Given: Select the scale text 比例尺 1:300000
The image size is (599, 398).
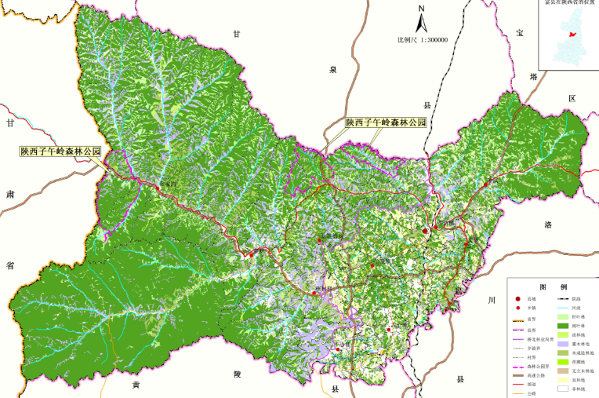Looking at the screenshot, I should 422,39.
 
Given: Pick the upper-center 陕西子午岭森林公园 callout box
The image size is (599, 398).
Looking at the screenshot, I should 386,123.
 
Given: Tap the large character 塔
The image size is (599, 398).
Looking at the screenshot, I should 534,77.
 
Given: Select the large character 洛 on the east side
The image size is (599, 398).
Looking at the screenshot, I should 548,225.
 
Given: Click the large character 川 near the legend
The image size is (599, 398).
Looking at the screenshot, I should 492,301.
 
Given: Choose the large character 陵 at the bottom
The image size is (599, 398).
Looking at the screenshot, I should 236,375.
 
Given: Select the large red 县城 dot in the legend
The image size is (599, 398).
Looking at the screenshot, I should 517,299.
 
